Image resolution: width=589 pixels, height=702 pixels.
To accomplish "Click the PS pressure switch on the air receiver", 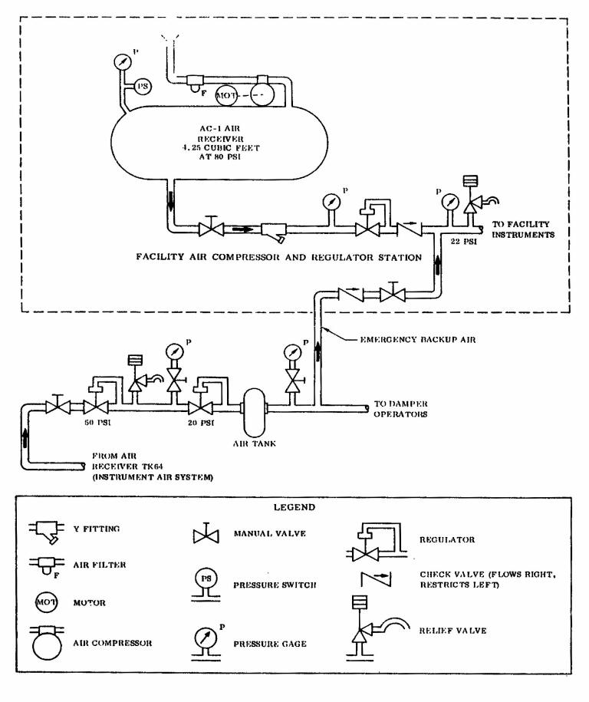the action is click(143, 86).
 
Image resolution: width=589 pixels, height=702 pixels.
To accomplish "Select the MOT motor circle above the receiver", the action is click(226, 96).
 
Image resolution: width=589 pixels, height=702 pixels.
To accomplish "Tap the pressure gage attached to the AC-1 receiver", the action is click(122, 62).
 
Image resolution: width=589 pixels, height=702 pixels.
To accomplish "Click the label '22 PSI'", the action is click(464, 242).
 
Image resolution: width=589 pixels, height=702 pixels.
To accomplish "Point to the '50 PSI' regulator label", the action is click(97, 422).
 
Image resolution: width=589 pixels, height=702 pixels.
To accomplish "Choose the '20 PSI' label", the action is click(201, 423).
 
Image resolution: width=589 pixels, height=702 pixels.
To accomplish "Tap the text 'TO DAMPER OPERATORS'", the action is click(400, 409).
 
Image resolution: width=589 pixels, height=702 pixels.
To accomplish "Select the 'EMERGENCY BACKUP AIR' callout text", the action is click(418, 340).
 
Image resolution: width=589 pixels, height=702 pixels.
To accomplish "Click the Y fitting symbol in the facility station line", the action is click(275, 232).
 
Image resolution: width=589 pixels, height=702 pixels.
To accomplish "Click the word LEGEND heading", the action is click(294, 507).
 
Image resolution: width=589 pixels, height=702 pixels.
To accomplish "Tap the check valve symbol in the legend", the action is click(376, 579).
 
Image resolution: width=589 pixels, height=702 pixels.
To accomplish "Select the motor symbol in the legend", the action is click(46, 602).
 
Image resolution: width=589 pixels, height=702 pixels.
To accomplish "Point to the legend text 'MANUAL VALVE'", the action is click(269, 534).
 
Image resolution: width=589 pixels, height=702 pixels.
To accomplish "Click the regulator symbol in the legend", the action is click(377, 542).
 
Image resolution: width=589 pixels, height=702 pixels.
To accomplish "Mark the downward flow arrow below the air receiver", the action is click(170, 200).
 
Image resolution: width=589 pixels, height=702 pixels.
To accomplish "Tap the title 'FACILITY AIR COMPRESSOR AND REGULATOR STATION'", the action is click(279, 257).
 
